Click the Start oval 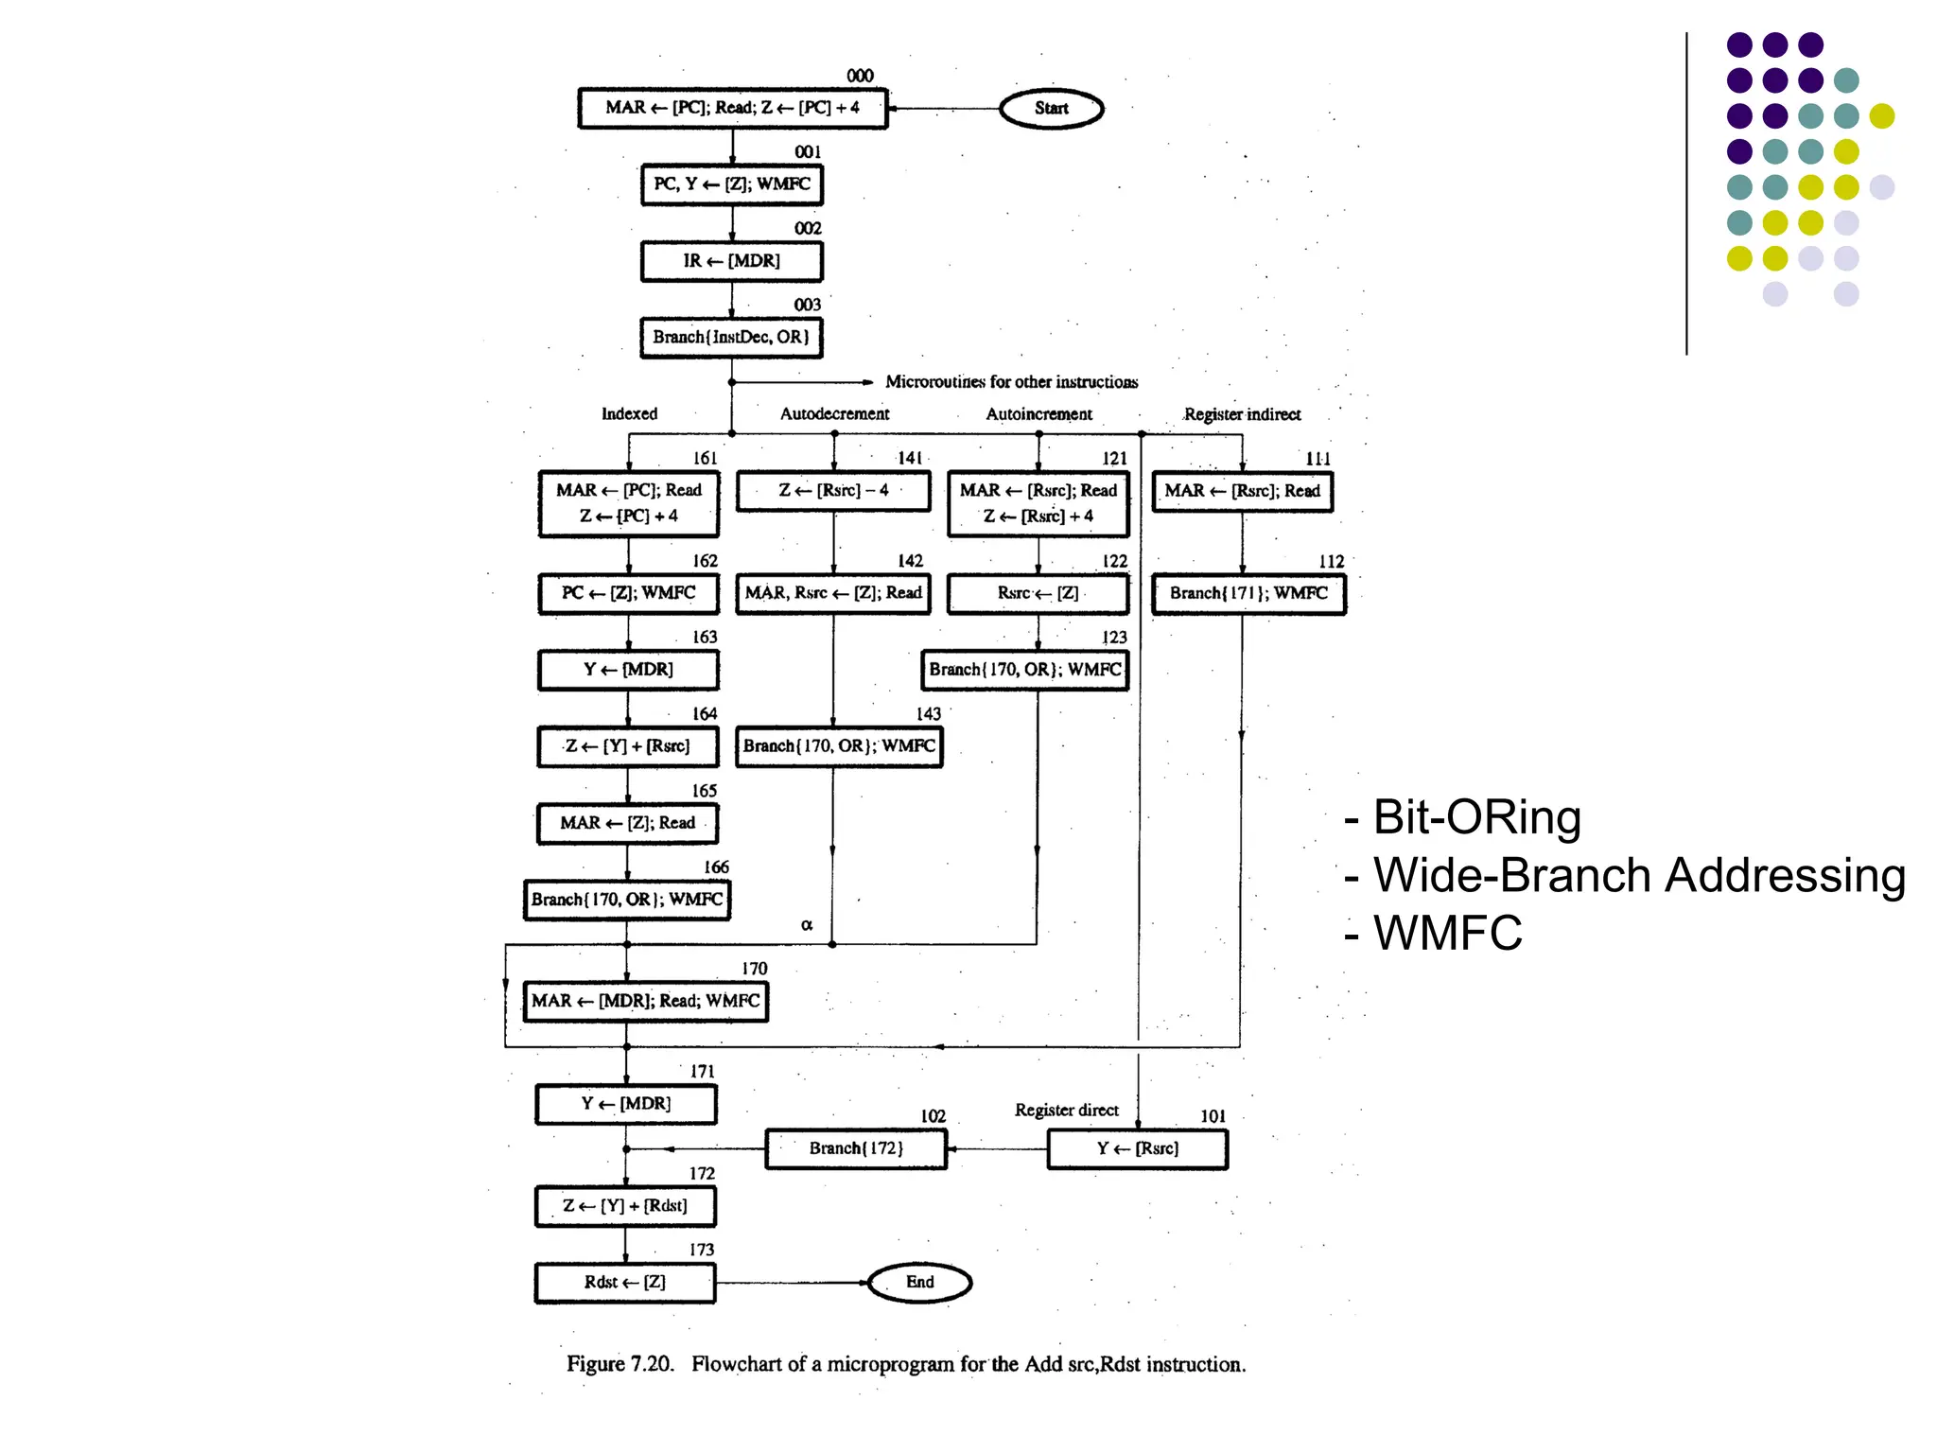coord(1051,109)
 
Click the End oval coord(919,1283)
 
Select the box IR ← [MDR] coord(731,261)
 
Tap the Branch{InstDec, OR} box coord(731,338)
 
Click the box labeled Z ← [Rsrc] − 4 coord(833,491)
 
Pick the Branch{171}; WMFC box coord(1248,594)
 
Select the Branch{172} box coord(856,1148)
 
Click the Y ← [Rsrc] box coord(1138,1149)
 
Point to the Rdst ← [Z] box coord(625,1283)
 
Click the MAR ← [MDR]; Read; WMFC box coord(645,1001)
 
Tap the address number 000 coord(860,76)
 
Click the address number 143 coord(928,714)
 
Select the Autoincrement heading coord(1038,414)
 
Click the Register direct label coord(1066,1111)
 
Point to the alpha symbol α coord(807,925)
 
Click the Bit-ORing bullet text coord(1475,817)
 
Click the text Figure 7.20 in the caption coord(619,1364)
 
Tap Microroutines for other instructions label coord(1011,382)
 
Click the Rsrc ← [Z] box coord(1038,594)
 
